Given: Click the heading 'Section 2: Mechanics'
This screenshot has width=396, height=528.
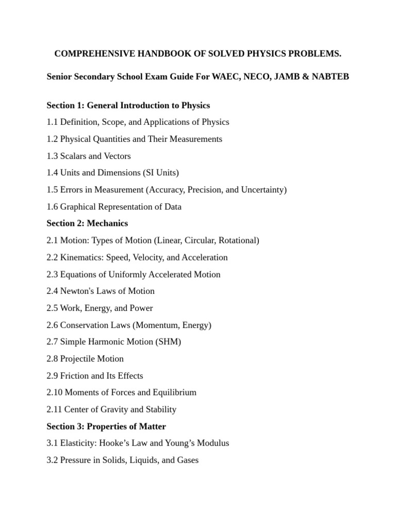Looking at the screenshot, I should point(87,223).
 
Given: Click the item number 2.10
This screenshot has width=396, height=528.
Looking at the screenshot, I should point(54,392).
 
